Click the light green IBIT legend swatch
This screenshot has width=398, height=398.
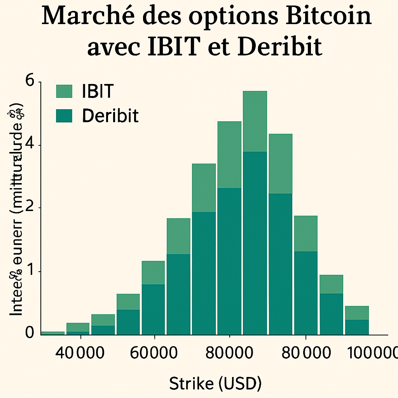pos(64,91)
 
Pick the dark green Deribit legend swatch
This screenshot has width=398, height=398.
pos(64,115)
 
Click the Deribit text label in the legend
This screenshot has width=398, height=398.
pos(110,115)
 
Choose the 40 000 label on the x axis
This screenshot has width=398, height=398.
pos(80,353)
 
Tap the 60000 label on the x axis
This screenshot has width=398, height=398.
pos(154,353)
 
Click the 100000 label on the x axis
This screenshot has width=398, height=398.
pos(372,353)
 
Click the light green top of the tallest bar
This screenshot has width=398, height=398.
pos(255,121)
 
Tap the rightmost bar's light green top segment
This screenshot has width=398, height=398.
pos(357,312)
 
